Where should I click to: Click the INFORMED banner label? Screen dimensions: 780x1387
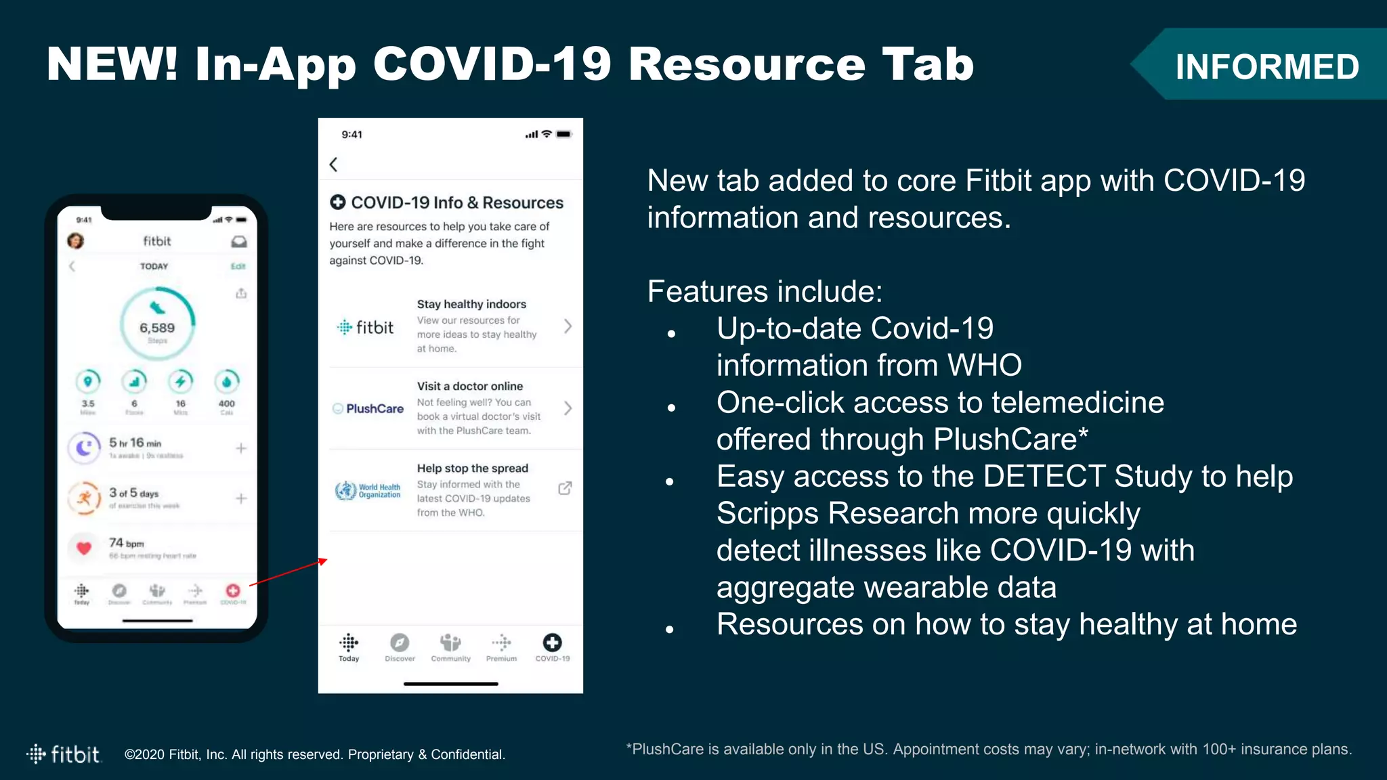point(1266,66)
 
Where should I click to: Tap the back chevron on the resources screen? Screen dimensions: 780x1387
point(333,165)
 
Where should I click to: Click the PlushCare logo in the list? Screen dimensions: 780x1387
point(368,408)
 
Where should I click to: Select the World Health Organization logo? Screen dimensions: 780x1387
point(368,490)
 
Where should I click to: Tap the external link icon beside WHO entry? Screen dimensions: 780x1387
point(565,488)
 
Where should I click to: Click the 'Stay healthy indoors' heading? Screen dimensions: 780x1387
point(471,304)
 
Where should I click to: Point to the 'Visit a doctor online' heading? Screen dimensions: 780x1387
point(470,386)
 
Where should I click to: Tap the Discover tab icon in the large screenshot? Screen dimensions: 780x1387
point(400,643)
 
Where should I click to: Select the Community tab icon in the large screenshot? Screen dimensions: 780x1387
point(450,643)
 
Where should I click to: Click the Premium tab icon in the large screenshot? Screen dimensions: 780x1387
point(501,643)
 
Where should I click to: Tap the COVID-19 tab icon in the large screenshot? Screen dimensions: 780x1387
point(553,643)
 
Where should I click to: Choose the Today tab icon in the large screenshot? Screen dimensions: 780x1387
point(349,643)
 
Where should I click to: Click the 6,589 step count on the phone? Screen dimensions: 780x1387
point(157,328)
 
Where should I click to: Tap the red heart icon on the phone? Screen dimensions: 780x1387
point(84,548)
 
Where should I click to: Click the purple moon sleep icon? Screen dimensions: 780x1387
point(84,448)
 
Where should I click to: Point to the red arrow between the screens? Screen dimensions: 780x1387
point(289,572)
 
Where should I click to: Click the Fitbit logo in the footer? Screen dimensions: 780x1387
point(64,754)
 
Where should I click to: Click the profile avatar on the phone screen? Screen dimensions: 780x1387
point(76,241)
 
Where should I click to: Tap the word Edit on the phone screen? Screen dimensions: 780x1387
point(238,266)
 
